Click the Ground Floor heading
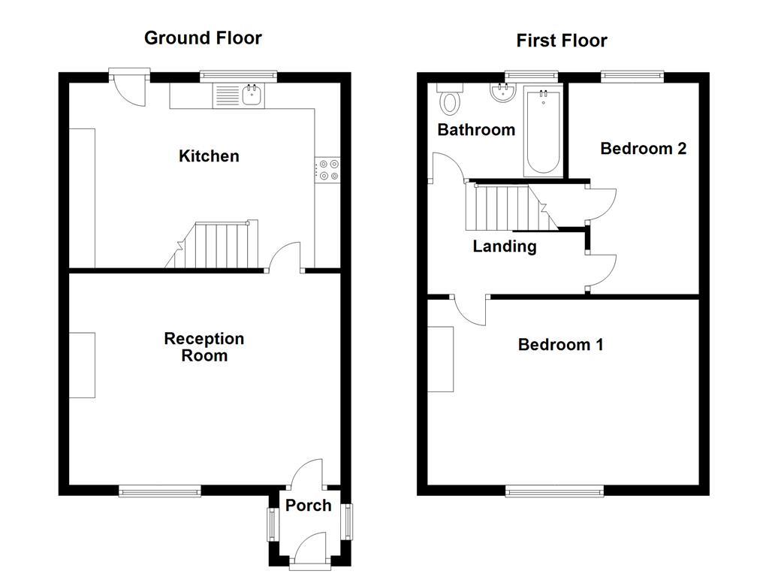point(203,38)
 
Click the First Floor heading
point(562,41)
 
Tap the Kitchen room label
point(209,156)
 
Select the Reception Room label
point(204,347)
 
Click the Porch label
point(308,506)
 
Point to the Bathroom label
point(476,130)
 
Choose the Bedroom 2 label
point(643,149)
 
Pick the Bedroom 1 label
point(560,345)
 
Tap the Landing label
point(504,246)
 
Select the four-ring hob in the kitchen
point(327,170)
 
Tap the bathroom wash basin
point(502,92)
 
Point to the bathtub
point(542,131)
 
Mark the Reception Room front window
point(160,491)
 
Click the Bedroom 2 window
point(632,76)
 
